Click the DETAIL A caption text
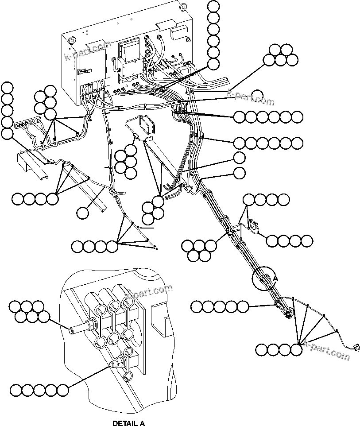128,423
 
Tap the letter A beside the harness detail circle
275,278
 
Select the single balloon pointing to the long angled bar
82,213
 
